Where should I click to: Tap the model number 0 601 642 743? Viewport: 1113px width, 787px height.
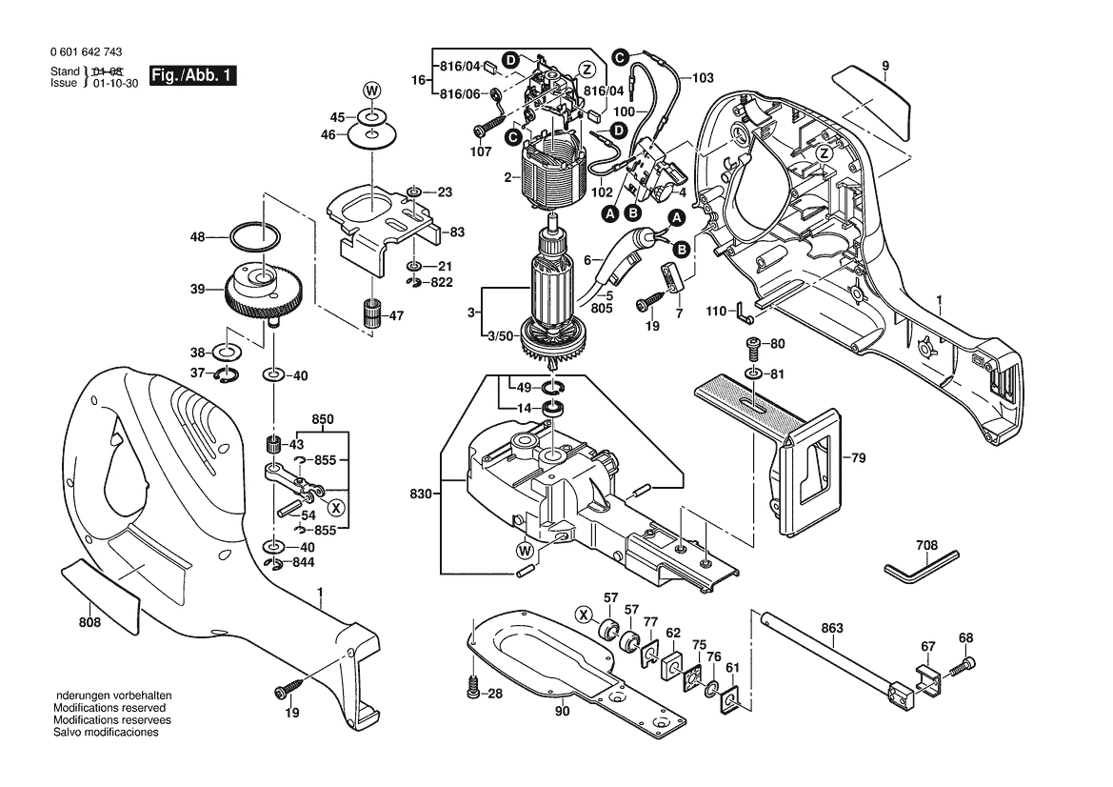[x=83, y=53]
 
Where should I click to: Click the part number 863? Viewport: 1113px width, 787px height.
[x=832, y=628]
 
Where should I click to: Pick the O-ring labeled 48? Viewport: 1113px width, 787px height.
[x=255, y=236]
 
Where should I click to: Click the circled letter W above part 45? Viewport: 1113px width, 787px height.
[x=371, y=91]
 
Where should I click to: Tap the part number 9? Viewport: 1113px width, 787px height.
[x=884, y=65]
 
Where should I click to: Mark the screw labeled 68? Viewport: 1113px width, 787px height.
[x=969, y=662]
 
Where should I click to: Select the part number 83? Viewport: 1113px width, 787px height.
[x=457, y=232]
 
